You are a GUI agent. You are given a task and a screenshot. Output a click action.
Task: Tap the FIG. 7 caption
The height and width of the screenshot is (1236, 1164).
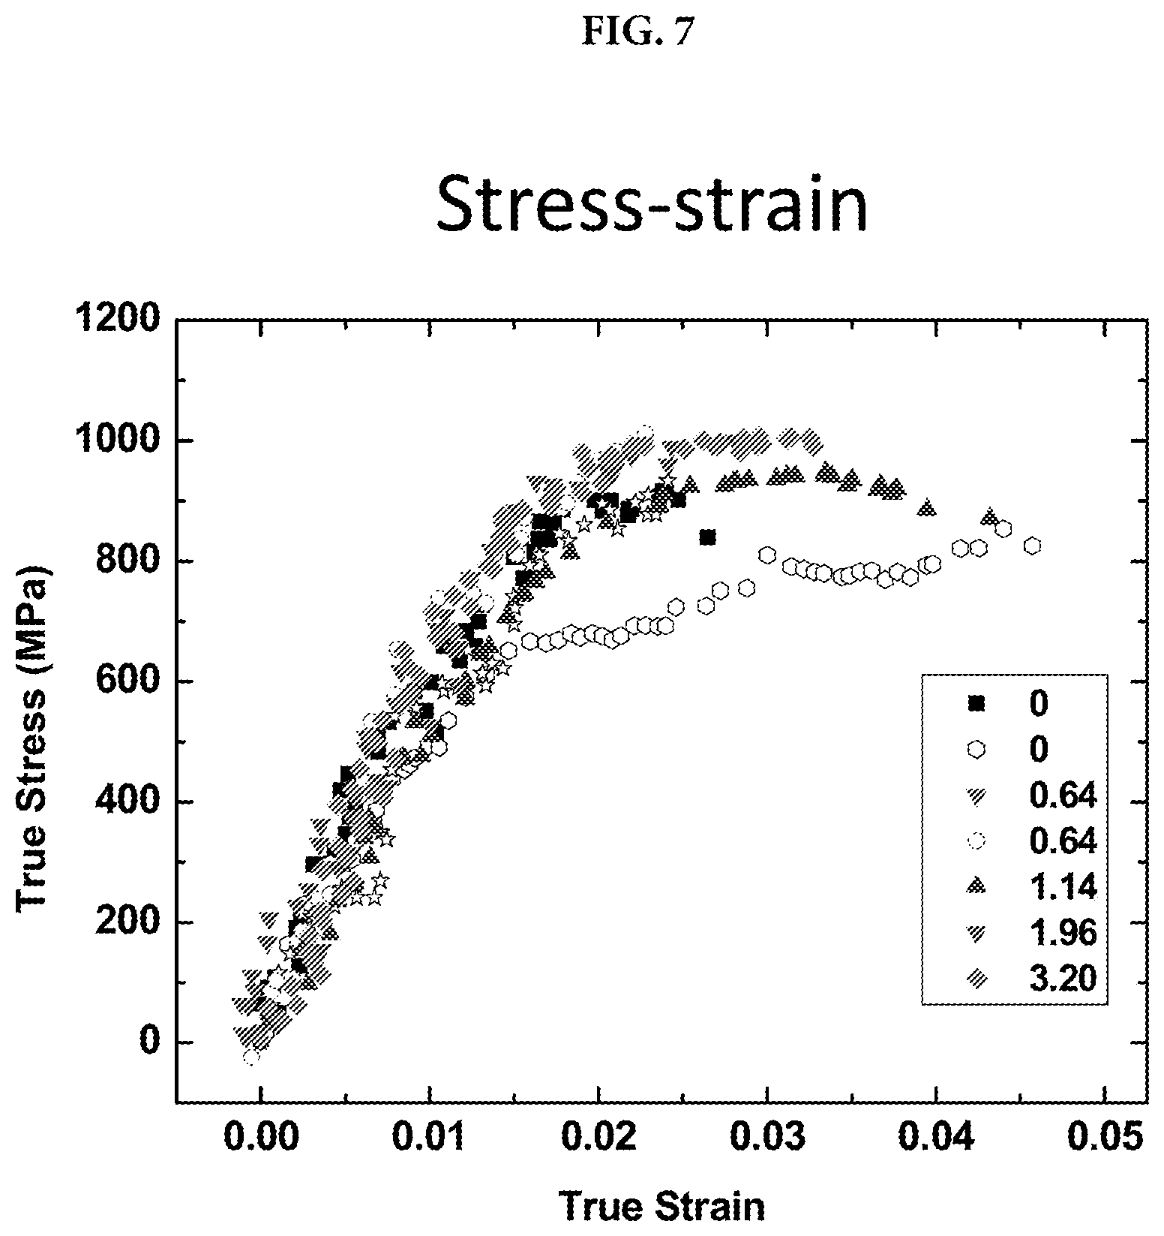click(x=640, y=32)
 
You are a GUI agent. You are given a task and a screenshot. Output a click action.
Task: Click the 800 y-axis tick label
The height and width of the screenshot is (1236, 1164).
click(x=128, y=561)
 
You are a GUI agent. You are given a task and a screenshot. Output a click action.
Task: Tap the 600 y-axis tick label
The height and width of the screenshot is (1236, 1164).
click(x=128, y=681)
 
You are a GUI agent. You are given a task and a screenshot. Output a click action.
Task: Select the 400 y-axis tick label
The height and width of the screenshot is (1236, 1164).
click(x=128, y=802)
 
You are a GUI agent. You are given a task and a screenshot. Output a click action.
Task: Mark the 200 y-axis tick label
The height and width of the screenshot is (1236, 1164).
click(x=128, y=922)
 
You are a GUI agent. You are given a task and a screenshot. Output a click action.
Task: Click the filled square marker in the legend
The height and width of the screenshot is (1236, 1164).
click(x=976, y=702)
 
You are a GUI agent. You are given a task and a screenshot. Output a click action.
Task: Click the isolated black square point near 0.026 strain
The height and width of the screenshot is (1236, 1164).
click(x=707, y=537)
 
